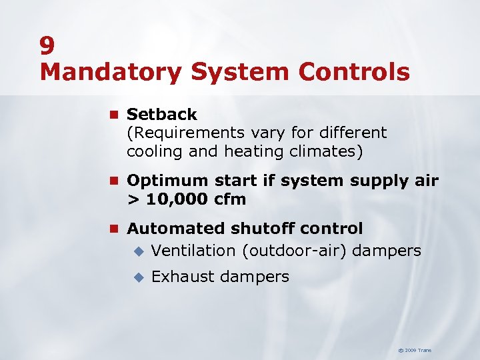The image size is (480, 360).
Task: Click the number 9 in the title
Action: click(x=47, y=45)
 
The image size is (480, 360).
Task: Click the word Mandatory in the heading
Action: click(x=109, y=72)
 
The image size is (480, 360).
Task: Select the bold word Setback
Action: click(x=162, y=114)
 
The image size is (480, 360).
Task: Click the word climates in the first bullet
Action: click(x=326, y=151)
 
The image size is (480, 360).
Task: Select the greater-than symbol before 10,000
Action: click(x=133, y=199)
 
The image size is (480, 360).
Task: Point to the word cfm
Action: click(x=230, y=199)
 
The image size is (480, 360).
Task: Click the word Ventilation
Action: click(x=193, y=251)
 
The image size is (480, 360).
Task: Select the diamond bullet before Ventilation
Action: click(x=138, y=251)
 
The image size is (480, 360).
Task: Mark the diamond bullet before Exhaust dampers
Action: click(x=138, y=277)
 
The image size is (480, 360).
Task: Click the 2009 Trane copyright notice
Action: click(x=415, y=350)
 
